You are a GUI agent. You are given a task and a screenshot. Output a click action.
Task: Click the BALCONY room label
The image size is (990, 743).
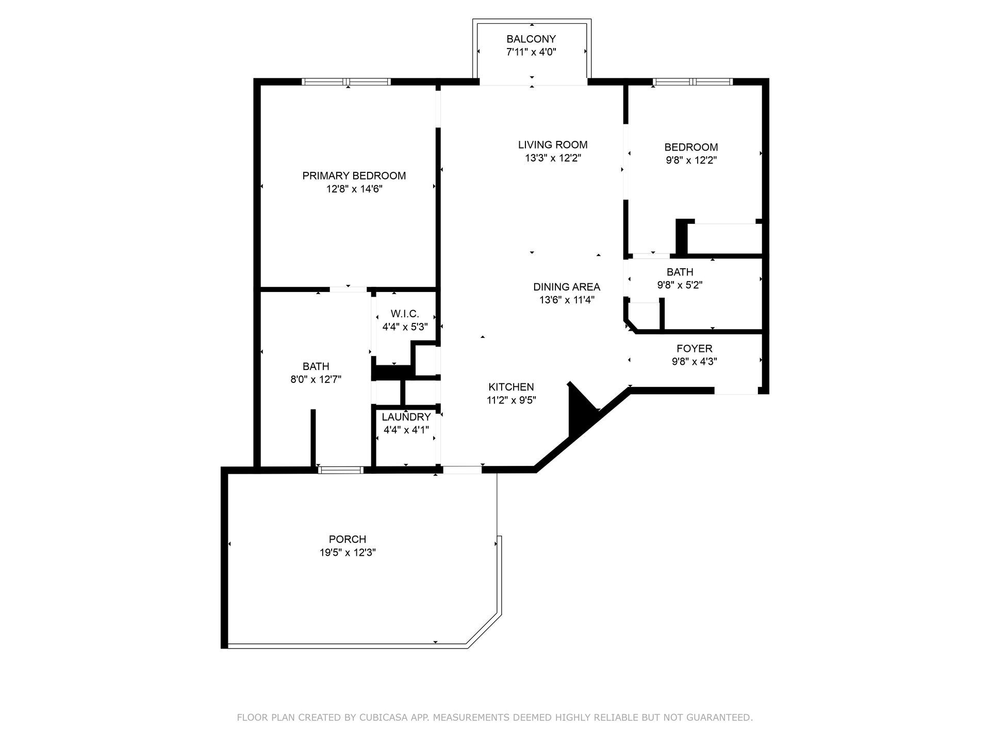coord(531,39)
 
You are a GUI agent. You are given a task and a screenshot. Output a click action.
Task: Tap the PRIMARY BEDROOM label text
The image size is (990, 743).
coord(354,175)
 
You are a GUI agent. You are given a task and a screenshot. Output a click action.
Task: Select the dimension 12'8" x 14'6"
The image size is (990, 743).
coord(354,189)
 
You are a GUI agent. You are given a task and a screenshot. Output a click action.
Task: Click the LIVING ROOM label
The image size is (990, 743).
coord(553,144)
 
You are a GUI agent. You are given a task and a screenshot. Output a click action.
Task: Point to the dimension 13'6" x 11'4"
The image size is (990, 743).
coord(567,300)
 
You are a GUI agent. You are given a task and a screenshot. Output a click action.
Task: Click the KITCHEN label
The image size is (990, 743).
coord(511,386)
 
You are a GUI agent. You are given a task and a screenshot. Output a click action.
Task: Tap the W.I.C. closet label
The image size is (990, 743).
coord(405,313)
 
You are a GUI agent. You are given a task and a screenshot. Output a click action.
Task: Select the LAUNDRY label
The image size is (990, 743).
coord(406,417)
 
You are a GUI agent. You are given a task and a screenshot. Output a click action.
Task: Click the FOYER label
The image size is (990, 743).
coord(694,348)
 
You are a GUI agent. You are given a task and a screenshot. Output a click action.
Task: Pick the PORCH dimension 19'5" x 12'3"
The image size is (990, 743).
coord(347,553)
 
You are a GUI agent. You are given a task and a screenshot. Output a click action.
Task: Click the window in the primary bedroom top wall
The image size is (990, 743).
coord(346,82)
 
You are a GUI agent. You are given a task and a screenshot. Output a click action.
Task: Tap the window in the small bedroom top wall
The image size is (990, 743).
coord(692,82)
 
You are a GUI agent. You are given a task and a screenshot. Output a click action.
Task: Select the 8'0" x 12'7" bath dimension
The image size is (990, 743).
coord(316,380)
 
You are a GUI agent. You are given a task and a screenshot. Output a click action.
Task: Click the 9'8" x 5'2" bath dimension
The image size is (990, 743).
coord(680,285)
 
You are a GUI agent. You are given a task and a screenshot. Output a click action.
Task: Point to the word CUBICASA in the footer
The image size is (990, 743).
coord(383,717)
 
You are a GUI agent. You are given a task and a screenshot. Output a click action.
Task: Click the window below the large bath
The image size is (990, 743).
coord(340,470)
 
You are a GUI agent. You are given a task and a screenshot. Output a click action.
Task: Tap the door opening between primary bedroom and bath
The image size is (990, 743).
coord(348,289)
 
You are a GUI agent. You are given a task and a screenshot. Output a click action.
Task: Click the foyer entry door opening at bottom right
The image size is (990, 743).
coord(736,391)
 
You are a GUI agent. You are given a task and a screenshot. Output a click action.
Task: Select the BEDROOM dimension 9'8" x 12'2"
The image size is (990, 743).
coord(691,160)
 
